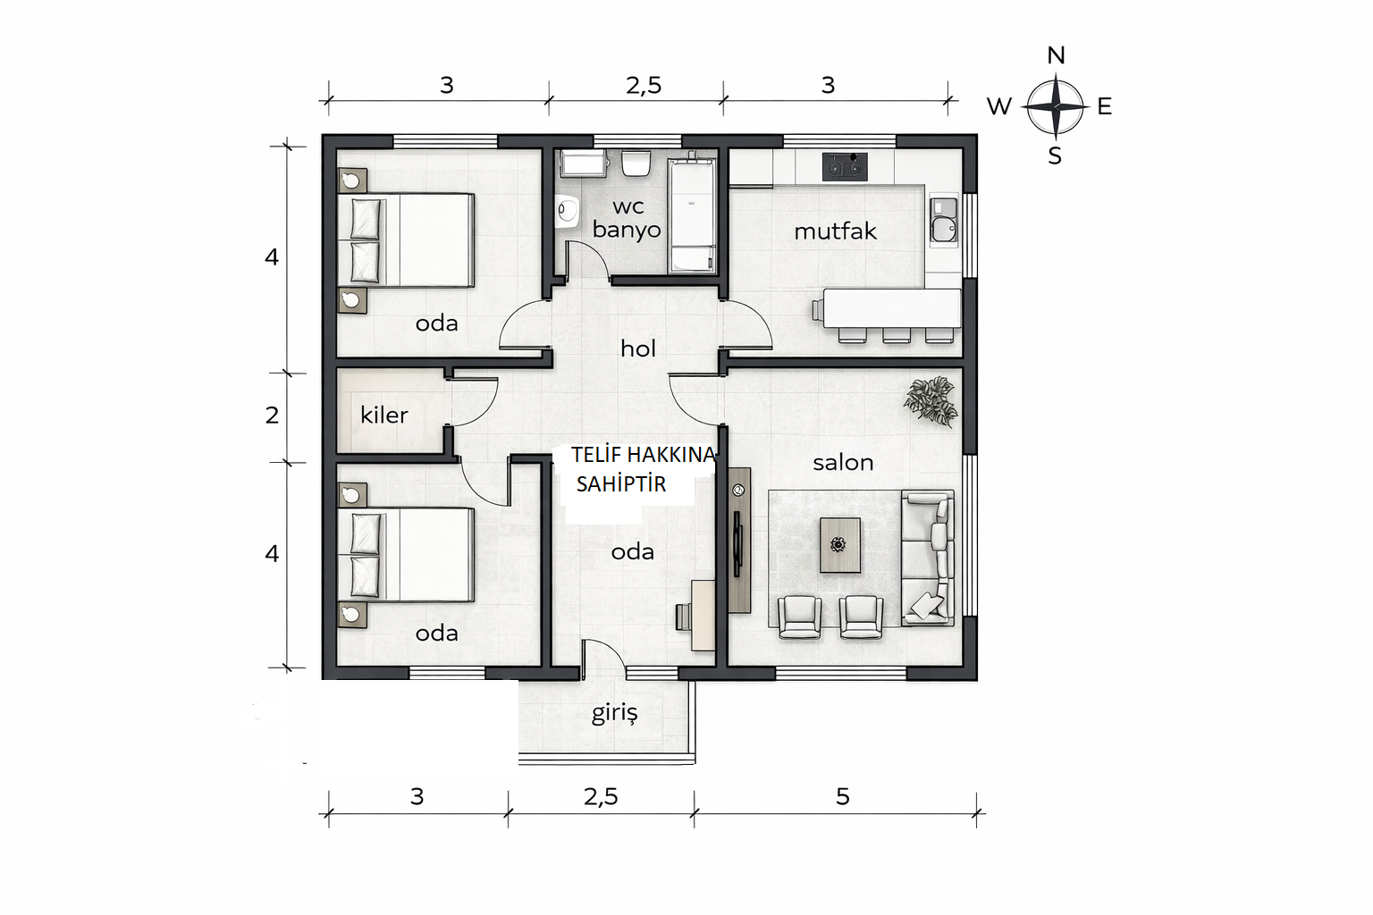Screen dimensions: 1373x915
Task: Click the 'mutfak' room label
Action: click(x=835, y=231)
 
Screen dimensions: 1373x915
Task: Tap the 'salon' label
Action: click(x=843, y=463)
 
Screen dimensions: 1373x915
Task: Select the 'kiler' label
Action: click(x=383, y=415)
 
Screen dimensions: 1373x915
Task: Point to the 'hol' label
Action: click(x=637, y=348)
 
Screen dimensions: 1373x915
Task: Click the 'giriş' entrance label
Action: click(x=614, y=713)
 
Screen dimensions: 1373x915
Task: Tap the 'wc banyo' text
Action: click(x=627, y=218)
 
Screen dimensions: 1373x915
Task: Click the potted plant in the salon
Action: click(x=931, y=401)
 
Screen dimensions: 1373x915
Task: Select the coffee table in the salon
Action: click(x=839, y=545)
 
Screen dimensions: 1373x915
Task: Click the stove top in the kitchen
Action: click(x=845, y=166)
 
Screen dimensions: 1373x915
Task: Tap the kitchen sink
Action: click(x=943, y=222)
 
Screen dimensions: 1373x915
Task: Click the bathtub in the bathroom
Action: click(x=691, y=215)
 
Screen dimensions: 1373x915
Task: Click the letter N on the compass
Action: click(x=1056, y=55)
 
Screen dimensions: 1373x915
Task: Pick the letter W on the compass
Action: click(x=998, y=106)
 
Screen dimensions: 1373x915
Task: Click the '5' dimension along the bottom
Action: click(x=843, y=797)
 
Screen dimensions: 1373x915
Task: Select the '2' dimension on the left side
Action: click(x=272, y=416)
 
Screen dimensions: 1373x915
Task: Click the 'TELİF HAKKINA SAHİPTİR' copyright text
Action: click(x=643, y=469)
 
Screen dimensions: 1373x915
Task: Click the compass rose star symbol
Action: click(x=1056, y=106)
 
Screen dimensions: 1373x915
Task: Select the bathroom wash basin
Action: click(x=568, y=211)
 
